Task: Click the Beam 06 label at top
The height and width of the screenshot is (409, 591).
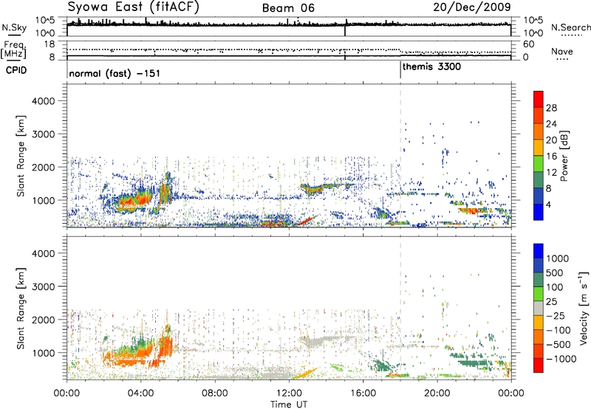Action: (292, 8)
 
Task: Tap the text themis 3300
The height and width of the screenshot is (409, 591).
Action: (428, 66)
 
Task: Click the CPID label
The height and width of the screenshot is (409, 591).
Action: (16, 69)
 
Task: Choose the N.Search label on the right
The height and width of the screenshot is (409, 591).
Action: (571, 27)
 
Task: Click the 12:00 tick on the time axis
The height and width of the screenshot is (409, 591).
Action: (289, 391)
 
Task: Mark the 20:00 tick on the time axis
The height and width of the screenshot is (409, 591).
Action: (437, 391)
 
